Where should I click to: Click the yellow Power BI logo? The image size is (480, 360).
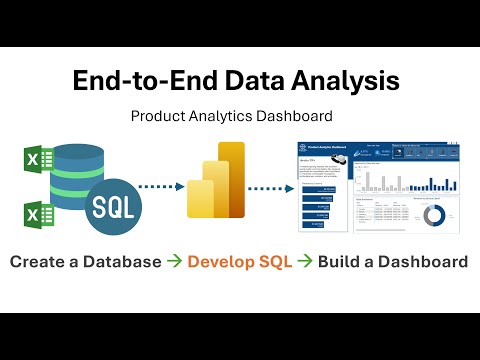(x=215, y=181)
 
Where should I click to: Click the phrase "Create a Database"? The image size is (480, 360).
(x=84, y=262)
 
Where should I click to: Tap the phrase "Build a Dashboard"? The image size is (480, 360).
(x=393, y=262)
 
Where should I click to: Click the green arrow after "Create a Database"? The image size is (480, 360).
(x=170, y=262)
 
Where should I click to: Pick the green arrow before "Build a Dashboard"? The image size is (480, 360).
(x=306, y=262)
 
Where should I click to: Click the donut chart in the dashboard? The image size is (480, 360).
(x=432, y=215)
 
